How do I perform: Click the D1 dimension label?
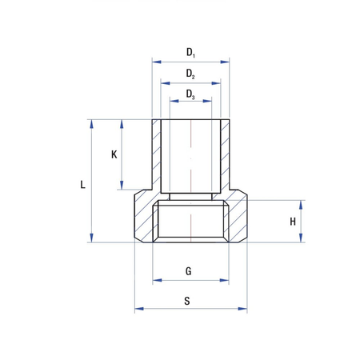(x=190, y=53)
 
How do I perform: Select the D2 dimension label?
(x=190, y=74)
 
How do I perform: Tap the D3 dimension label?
(x=190, y=94)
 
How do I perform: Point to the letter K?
(x=114, y=155)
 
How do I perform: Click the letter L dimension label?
(x=84, y=184)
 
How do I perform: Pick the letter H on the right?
(x=293, y=221)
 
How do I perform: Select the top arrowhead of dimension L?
(x=93, y=123)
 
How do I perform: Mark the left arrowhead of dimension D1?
(x=154, y=62)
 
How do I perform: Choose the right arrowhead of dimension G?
(x=226, y=280)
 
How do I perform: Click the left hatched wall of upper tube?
(x=156, y=155)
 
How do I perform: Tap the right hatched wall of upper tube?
(x=226, y=155)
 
